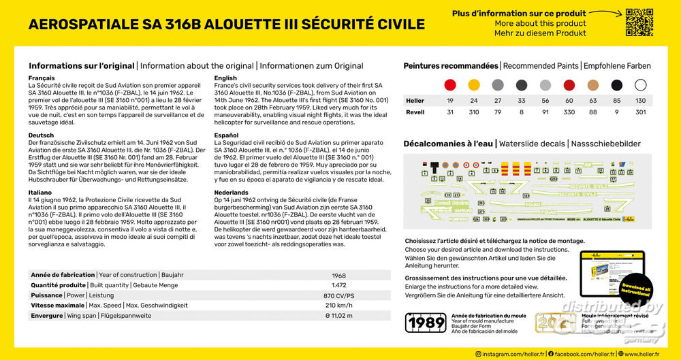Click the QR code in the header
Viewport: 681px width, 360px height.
639,22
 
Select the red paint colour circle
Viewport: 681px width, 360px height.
450,85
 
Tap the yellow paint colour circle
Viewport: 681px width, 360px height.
474,85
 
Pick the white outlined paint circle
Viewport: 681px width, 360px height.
641,85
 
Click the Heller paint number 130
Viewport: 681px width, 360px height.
641,101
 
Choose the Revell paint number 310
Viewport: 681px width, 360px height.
474,112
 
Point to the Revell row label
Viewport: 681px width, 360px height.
415,112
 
